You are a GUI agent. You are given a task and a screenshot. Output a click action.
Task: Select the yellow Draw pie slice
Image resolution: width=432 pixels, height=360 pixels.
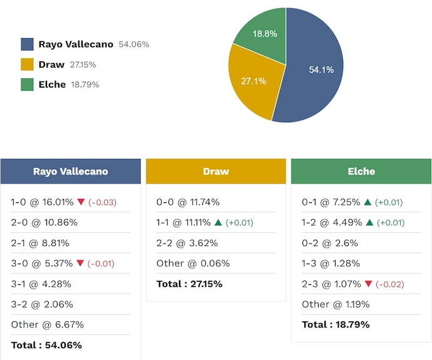[250, 81]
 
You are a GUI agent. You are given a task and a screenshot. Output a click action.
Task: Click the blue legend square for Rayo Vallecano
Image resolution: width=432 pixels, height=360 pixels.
[27, 44]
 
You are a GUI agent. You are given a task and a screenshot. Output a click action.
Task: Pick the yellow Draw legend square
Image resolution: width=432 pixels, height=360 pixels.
[27, 64]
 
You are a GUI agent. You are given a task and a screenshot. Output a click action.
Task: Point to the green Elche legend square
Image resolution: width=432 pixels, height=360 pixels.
[27, 85]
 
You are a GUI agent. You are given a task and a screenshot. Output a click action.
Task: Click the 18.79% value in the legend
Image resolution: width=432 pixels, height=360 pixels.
[85, 85]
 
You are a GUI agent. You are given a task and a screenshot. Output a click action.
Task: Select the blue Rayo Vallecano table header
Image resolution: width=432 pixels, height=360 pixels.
[70, 171]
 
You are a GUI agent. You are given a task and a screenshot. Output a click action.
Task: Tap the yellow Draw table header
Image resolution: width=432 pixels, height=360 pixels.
[215, 171]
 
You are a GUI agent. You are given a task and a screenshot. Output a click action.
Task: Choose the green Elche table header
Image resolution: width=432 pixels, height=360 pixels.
[361, 171]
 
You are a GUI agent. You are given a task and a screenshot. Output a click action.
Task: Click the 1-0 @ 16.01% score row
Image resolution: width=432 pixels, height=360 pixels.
[42, 202]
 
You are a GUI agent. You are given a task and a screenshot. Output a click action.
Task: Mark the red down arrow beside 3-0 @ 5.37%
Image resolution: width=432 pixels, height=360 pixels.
[80, 264]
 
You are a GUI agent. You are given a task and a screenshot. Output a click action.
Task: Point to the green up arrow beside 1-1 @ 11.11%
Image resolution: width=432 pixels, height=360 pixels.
[218, 223]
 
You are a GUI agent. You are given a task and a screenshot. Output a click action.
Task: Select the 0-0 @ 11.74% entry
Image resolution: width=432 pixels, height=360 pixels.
[187, 202]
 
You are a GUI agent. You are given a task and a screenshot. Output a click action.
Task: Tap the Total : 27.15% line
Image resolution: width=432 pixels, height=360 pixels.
[189, 284]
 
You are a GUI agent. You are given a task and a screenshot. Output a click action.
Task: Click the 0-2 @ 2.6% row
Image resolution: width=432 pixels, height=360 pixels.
[330, 243]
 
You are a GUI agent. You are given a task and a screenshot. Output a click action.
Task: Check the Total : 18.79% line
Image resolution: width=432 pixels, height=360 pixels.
[336, 324]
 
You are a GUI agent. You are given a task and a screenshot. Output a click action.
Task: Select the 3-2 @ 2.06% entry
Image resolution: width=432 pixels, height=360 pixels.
[42, 304]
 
